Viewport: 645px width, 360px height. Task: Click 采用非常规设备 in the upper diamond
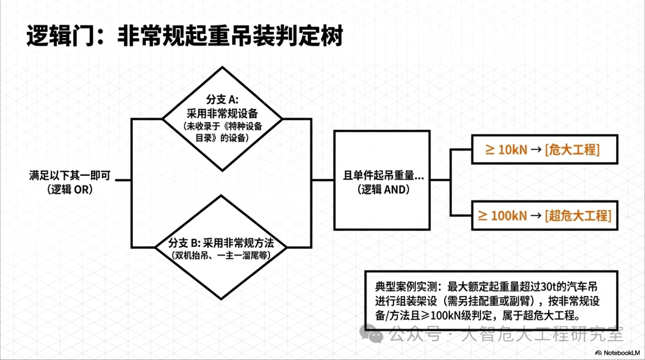click(222, 114)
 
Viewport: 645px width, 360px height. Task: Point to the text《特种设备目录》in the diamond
click(241, 126)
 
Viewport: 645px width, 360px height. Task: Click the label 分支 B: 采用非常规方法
click(221, 241)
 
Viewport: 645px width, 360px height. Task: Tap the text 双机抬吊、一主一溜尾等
click(221, 255)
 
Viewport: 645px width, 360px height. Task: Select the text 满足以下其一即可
click(70, 176)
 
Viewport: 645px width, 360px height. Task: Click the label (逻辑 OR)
click(70, 190)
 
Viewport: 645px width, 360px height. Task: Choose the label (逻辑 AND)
click(383, 190)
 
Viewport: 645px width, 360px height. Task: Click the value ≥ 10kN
click(505, 149)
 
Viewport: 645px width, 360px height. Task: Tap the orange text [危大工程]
click(572, 149)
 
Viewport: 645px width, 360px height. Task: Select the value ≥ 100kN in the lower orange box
click(502, 215)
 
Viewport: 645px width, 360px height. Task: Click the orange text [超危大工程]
click(578, 215)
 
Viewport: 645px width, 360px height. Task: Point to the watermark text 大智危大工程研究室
click(542, 333)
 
